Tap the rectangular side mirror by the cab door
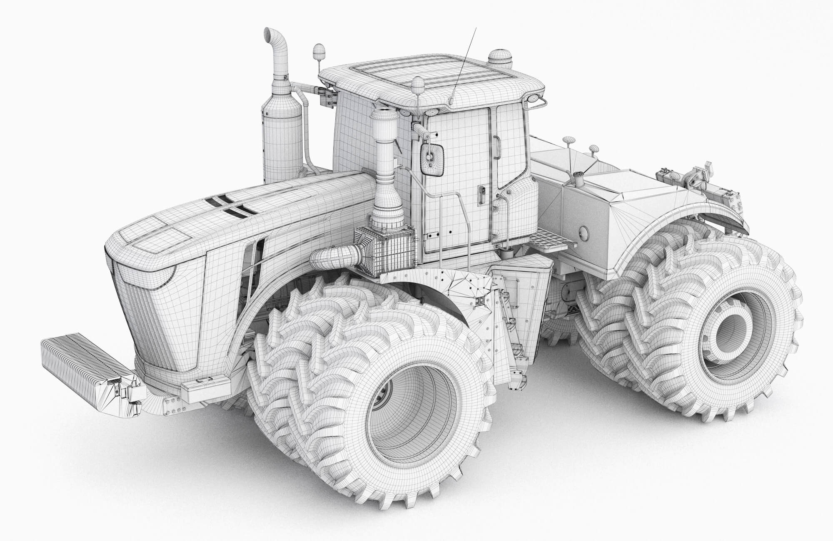click(x=432, y=158)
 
